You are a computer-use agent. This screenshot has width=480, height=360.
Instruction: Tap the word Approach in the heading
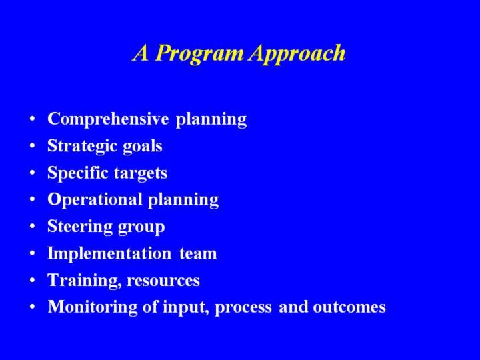[297, 54]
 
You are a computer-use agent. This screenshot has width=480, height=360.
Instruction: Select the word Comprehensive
[108, 119]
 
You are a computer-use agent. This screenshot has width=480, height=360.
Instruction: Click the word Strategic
[82, 146]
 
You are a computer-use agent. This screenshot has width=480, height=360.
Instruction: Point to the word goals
[143, 146]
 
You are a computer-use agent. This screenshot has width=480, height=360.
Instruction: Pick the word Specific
[78, 173]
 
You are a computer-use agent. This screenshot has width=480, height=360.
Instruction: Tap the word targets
[141, 173]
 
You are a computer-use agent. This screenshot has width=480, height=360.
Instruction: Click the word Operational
[95, 199]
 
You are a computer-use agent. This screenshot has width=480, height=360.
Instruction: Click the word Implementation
[109, 253]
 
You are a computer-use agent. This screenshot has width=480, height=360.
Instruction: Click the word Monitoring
[93, 307]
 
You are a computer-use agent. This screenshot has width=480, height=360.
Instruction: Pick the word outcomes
[349, 307]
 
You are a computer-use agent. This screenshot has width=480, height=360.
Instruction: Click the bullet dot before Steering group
[33, 227]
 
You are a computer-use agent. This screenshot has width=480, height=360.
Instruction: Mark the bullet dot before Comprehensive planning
[33, 119]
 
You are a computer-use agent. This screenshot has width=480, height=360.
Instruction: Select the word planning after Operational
[183, 200]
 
